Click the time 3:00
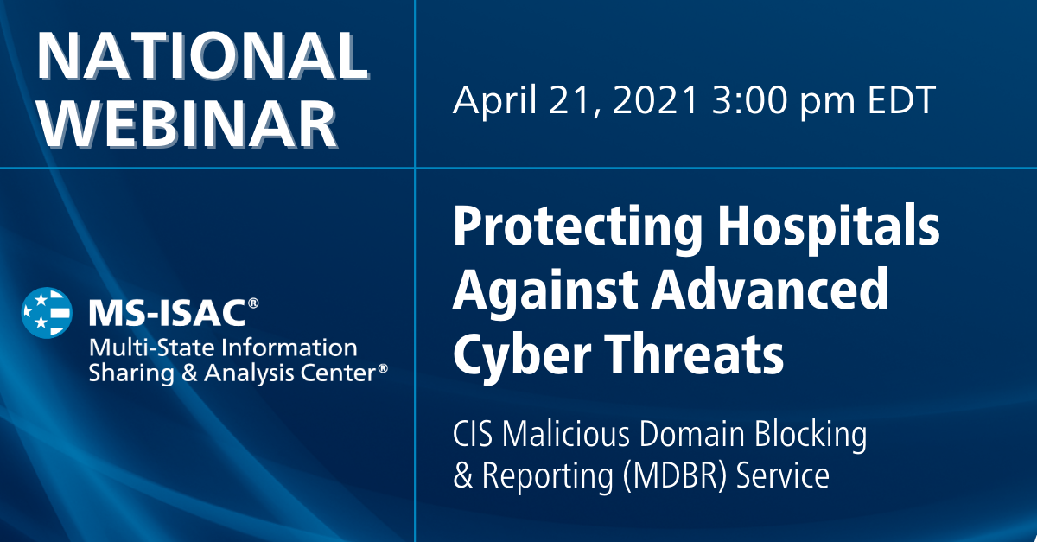tap(757, 101)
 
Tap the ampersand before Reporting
tap(463, 477)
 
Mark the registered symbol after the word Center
tap(382, 367)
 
